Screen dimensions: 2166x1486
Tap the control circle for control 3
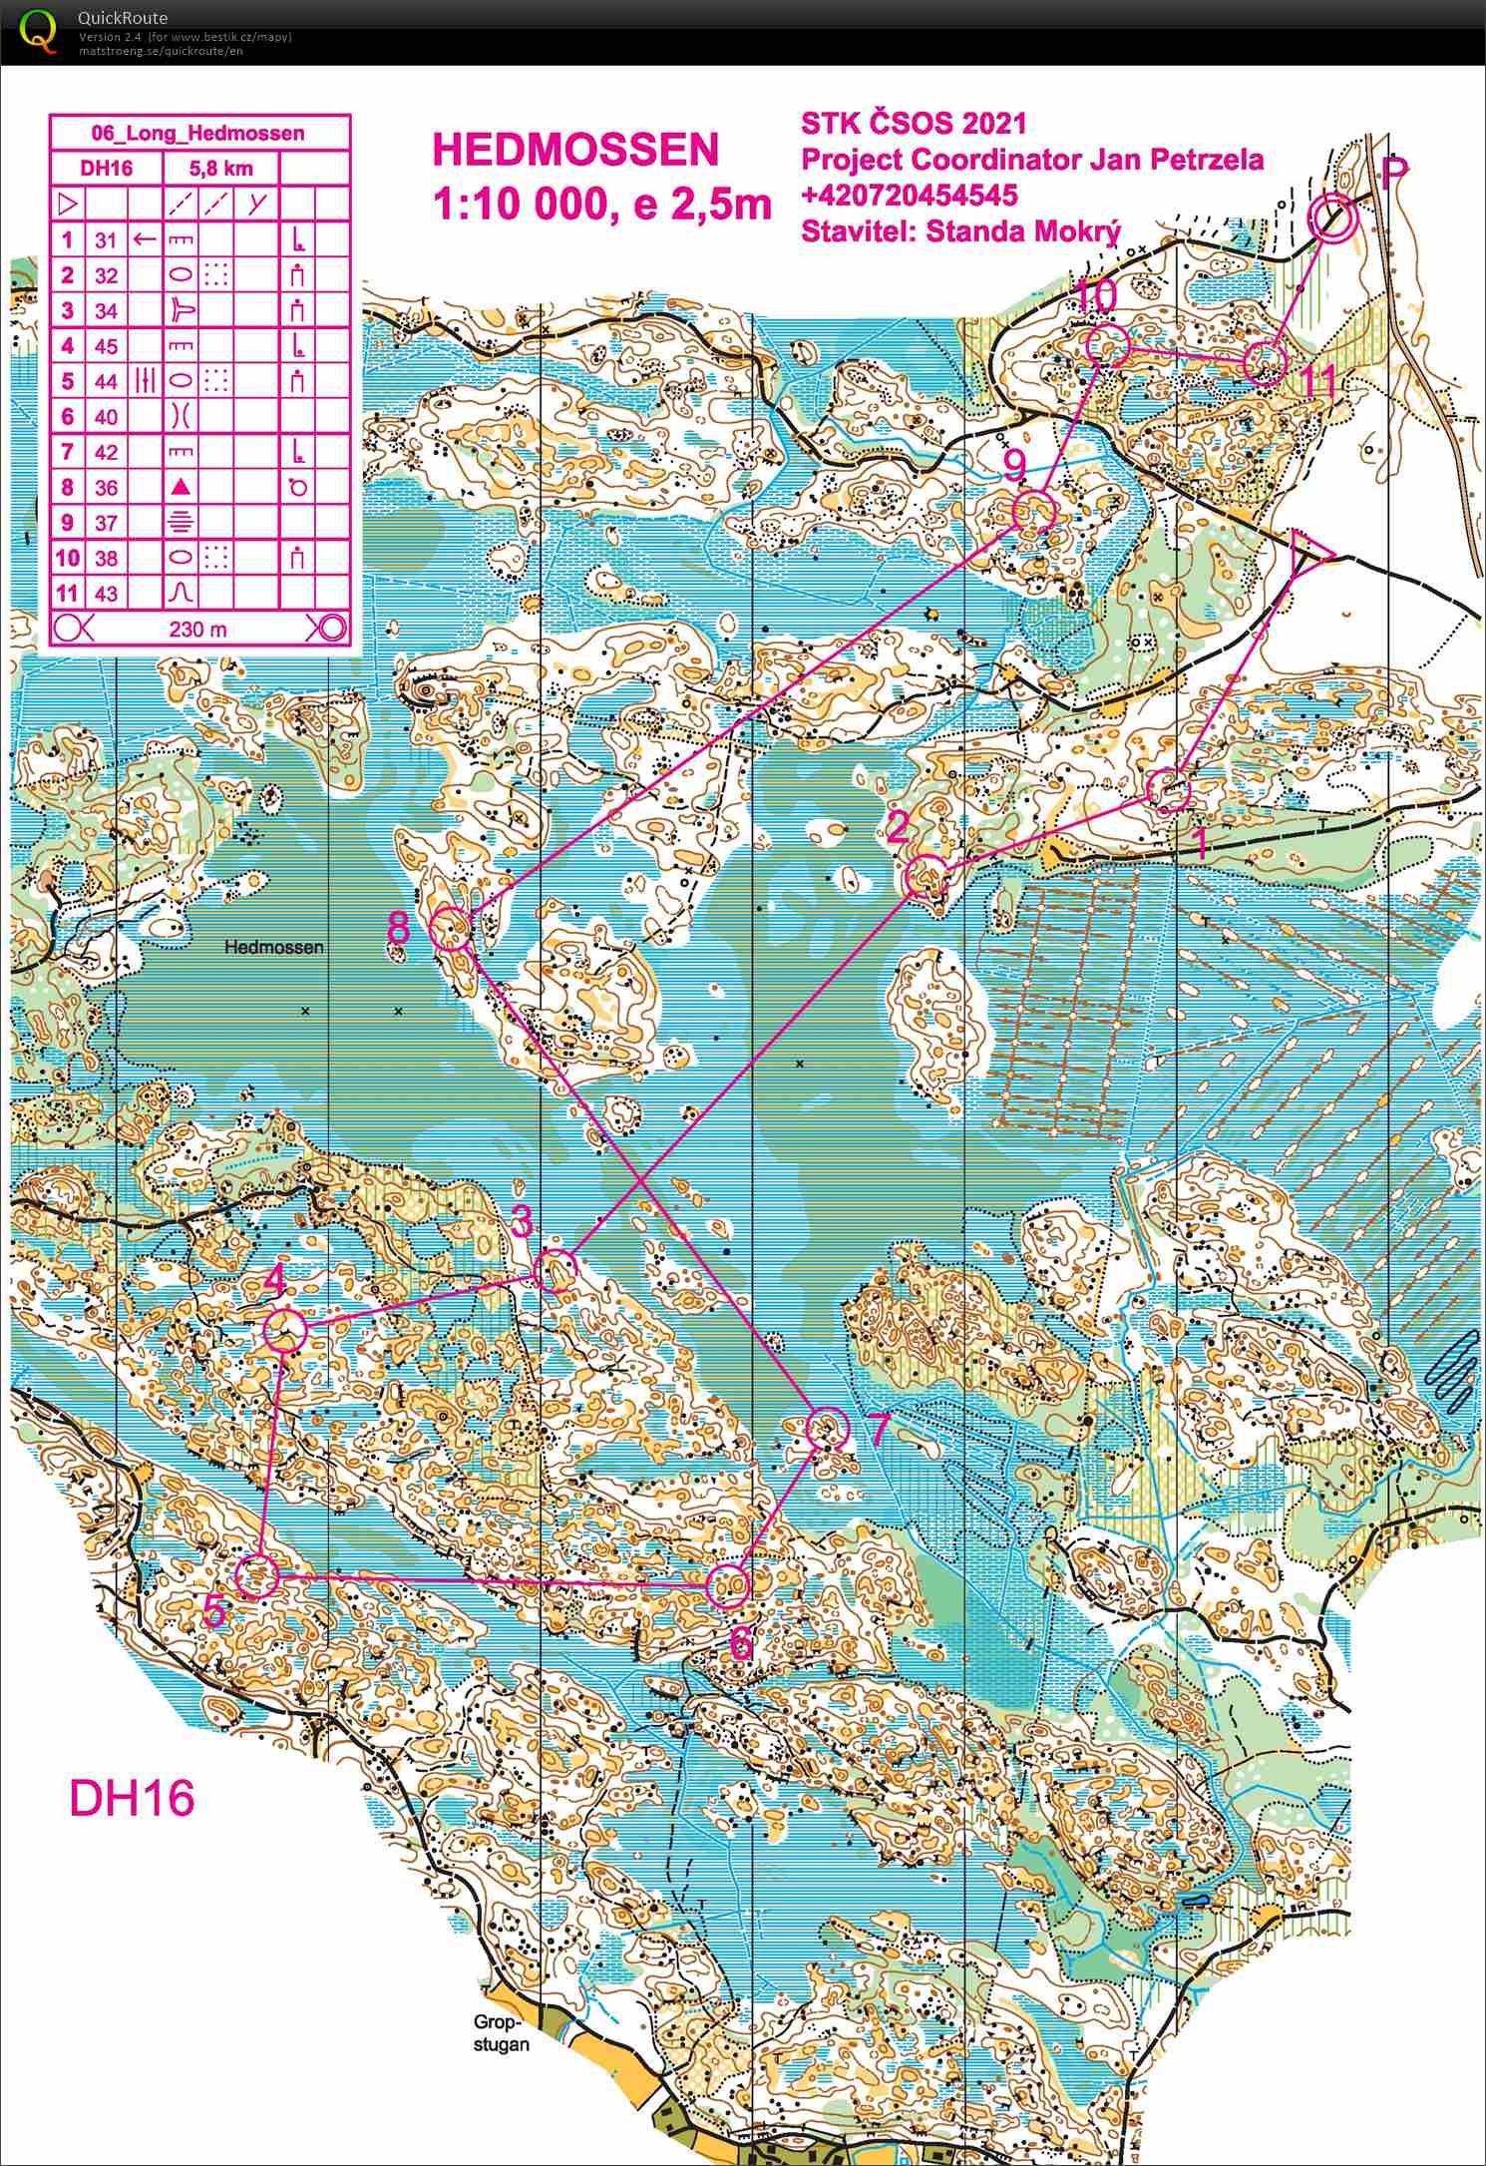556,1270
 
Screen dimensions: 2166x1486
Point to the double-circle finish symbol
1331,218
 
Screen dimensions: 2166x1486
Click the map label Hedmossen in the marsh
273,947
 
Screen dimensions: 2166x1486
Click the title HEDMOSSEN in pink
575,150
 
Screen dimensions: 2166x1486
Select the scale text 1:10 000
520,204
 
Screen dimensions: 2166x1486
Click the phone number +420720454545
909,194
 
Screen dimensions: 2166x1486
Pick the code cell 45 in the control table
106,346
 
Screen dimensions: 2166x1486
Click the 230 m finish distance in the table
198,629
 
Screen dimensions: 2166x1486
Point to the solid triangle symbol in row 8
181,487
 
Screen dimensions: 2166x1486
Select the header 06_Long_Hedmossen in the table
198,133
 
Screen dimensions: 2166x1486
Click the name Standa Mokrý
1022,230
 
